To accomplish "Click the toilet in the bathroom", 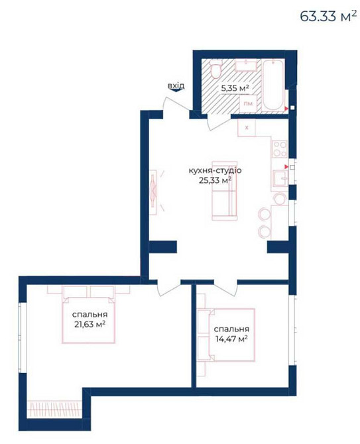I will click(215, 72).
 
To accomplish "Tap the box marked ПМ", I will click(248, 104).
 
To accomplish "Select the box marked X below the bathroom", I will click(247, 127).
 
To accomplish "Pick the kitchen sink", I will click(278, 178).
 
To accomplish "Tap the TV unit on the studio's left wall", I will click(154, 192).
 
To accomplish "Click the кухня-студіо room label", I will click(215, 170).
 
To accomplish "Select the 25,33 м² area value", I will click(215, 180).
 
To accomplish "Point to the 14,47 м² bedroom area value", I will click(231, 339).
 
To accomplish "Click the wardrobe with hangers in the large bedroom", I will click(56, 406).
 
